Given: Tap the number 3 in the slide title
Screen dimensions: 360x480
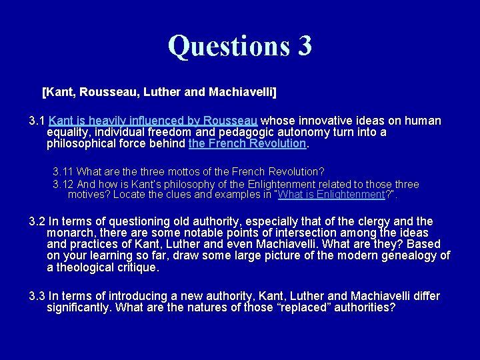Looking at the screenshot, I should (x=304, y=46).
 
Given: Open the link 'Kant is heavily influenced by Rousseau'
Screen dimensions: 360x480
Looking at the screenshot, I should (x=153, y=121).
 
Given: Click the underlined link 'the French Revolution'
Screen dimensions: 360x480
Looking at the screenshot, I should (x=247, y=143).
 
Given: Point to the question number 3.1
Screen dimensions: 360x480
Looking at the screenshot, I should (x=37, y=121).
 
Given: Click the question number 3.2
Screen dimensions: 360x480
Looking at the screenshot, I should (x=37, y=221).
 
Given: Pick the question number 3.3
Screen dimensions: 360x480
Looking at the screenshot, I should (x=37, y=296).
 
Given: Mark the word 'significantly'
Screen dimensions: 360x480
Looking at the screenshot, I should (x=79, y=307).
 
